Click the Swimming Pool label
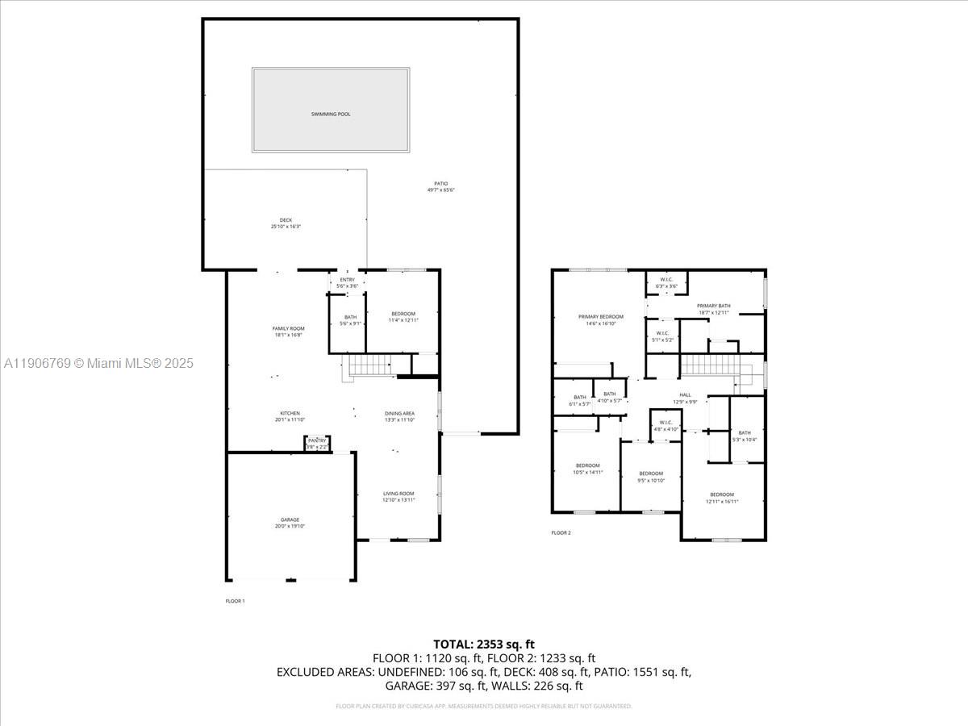pyautogui.click(x=331, y=115)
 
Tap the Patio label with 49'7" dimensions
pyautogui.click(x=440, y=187)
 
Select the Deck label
pyautogui.click(x=286, y=223)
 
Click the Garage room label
pyautogui.click(x=290, y=523)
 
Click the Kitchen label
pyautogui.click(x=290, y=416)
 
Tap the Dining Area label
pyautogui.click(x=399, y=416)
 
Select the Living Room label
pyautogui.click(x=398, y=497)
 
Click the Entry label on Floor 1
pyautogui.click(x=347, y=282)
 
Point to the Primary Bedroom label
pyautogui.click(x=600, y=319)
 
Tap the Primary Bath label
pyautogui.click(x=713, y=309)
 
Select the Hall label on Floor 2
pyautogui.click(x=685, y=398)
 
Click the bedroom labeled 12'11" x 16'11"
pyautogui.click(x=722, y=498)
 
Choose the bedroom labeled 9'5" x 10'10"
pyautogui.click(x=651, y=477)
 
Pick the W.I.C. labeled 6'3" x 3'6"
pyautogui.click(x=666, y=283)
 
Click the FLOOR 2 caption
pyautogui.click(x=561, y=533)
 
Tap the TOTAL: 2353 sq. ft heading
pyautogui.click(x=484, y=644)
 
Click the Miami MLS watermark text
pyautogui.click(x=98, y=364)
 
